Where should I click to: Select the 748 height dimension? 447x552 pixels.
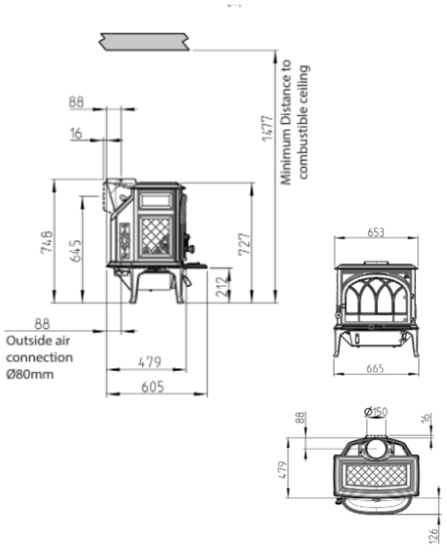[x=46, y=241]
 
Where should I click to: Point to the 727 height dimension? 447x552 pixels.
[x=243, y=243]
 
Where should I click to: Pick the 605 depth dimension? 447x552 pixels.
[x=153, y=386]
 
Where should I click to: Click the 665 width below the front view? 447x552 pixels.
[x=376, y=368]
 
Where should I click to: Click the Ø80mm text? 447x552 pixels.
[x=30, y=375]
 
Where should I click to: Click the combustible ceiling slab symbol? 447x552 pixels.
[x=145, y=41]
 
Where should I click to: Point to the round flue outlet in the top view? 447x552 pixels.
[x=377, y=449]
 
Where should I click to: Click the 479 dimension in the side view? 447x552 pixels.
[x=149, y=361]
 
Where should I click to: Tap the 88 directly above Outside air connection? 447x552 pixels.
[x=42, y=322]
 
